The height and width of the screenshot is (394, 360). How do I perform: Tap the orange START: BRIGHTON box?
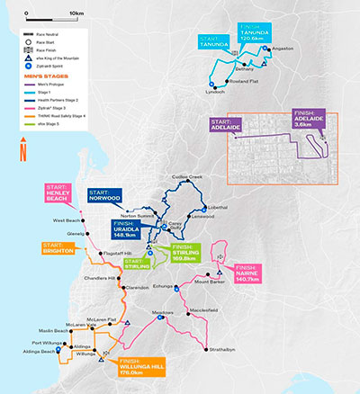pos(58,248)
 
